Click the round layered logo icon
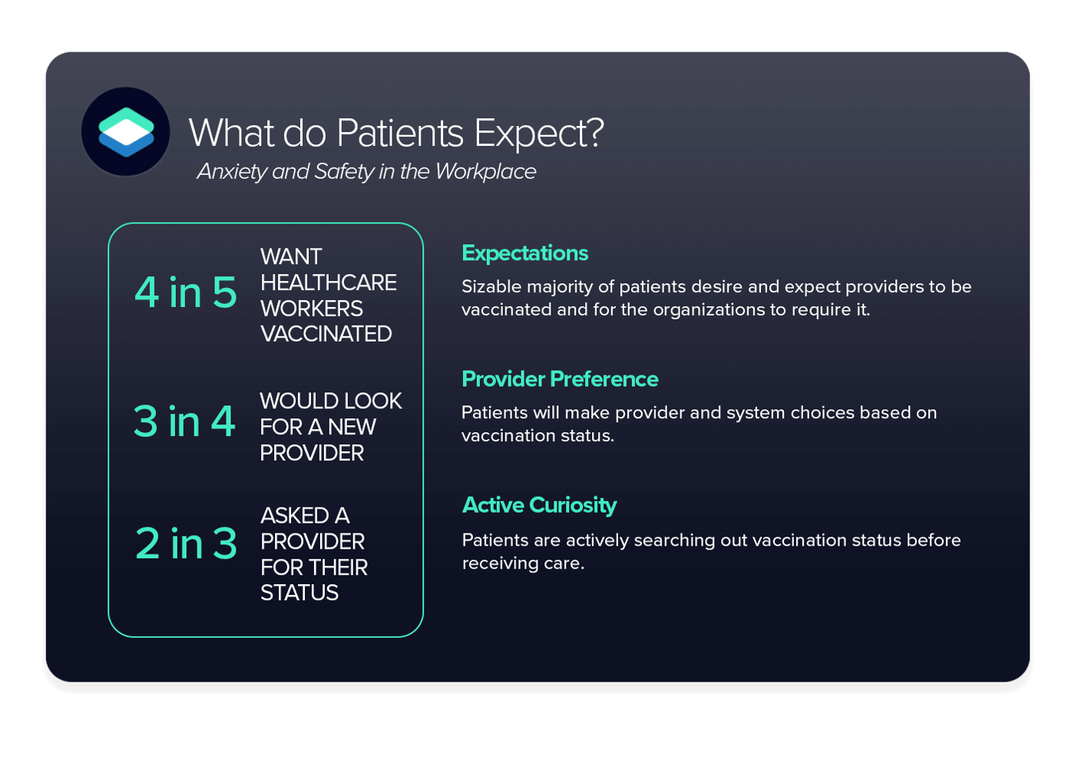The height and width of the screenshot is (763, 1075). click(x=126, y=131)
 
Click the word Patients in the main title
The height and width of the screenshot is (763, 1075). click(x=399, y=134)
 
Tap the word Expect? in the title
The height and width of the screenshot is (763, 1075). click(x=539, y=134)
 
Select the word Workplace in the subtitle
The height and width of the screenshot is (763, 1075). click(x=485, y=171)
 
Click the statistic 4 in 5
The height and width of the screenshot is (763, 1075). click(x=186, y=292)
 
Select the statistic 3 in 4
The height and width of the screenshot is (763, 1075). click(x=184, y=421)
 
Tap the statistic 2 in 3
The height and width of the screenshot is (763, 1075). click(x=186, y=543)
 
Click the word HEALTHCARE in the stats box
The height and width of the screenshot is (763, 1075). click(x=328, y=282)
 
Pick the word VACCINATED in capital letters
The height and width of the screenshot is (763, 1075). click(x=326, y=334)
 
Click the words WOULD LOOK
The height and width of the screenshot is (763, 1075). click(x=330, y=401)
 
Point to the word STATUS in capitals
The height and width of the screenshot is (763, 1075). click(x=299, y=593)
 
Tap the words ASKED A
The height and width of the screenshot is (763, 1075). click(x=305, y=515)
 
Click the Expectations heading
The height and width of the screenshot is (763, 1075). click(x=524, y=253)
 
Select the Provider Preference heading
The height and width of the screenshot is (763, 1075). click(x=560, y=379)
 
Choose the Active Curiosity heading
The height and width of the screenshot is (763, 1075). click(x=539, y=505)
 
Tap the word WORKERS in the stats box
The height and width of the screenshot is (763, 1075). click(x=311, y=309)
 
